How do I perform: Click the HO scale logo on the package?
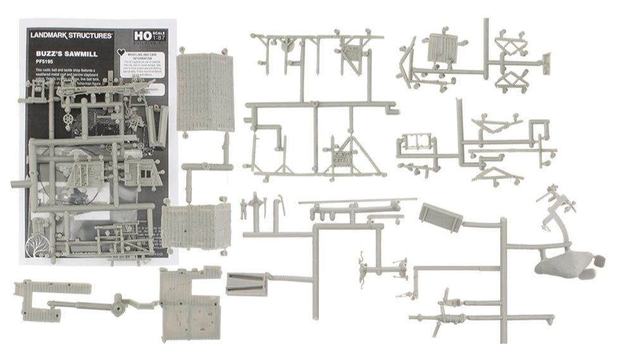[140, 36]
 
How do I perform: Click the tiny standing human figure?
[243, 209]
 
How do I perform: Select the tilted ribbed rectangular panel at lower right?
[441, 217]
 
